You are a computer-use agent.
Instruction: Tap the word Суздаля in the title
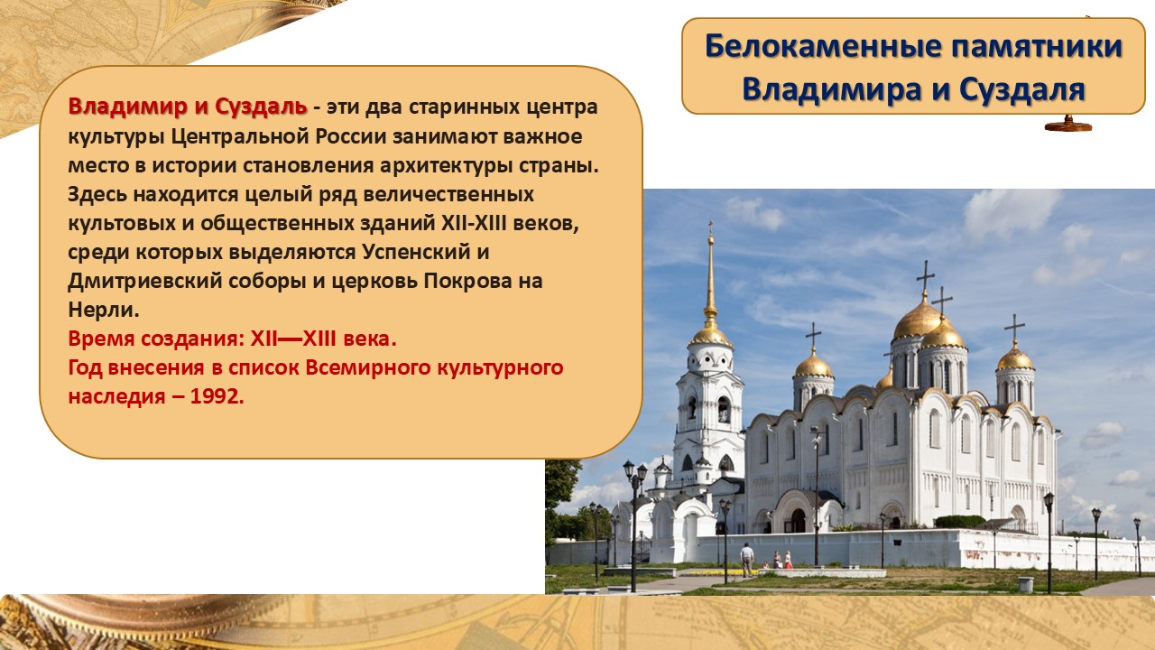pos(1022,89)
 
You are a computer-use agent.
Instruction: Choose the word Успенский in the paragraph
pos(416,252)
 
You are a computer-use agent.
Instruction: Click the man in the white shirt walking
pos(746,559)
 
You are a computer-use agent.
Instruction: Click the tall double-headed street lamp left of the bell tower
pos(634,526)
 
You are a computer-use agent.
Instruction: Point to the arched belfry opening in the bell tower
pos(724,410)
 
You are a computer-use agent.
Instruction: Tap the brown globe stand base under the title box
pos(1068,125)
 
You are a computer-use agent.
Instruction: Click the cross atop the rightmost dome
pos(1015,327)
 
